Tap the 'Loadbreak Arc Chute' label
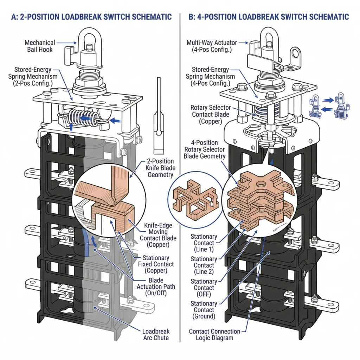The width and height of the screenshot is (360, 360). point(156,334)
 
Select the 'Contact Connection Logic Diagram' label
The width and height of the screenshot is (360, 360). point(214,335)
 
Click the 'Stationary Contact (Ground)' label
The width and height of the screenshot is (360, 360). point(204,310)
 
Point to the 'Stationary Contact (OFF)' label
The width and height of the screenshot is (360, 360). point(204,288)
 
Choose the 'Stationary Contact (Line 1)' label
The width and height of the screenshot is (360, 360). point(204,243)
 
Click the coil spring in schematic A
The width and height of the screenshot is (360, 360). point(82,116)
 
